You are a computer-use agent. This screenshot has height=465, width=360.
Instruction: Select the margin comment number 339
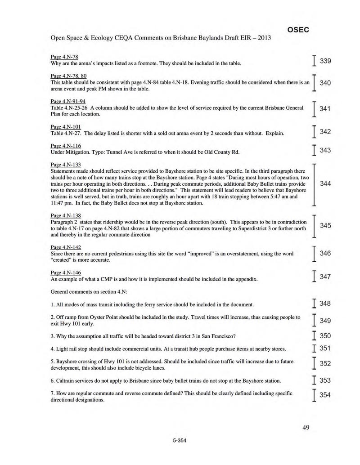[325, 61]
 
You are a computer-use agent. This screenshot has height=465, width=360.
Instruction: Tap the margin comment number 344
[325, 184]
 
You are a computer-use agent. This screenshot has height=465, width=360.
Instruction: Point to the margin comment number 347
[325, 277]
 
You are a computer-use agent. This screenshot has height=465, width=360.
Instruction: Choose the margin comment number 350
[325, 336]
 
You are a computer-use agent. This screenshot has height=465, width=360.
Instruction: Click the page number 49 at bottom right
[306, 428]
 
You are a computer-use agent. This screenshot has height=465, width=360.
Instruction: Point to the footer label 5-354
[179, 440]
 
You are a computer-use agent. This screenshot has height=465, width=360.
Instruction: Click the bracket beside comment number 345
[313, 226]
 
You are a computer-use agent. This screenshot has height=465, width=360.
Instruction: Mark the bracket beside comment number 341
[313, 109]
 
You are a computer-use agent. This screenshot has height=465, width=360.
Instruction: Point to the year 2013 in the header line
[262, 38]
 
